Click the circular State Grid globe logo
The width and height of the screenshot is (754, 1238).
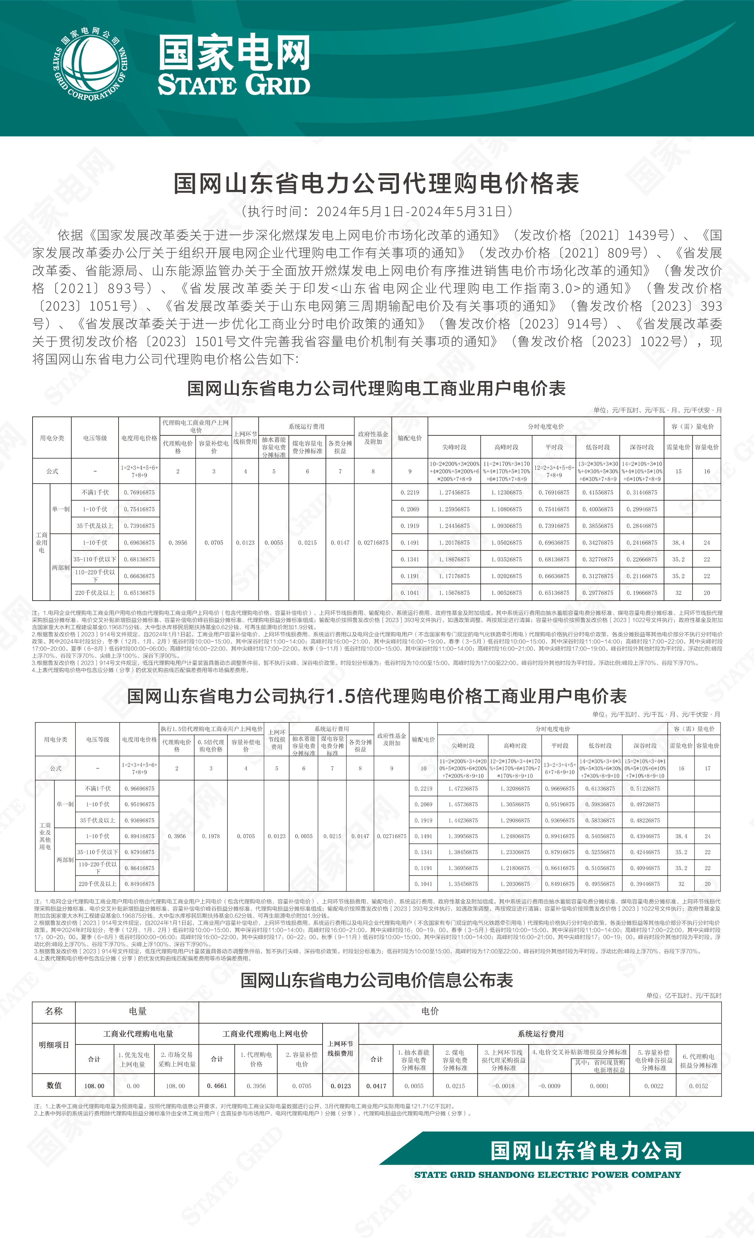[91, 64]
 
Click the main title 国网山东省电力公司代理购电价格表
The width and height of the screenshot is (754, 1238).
[376, 183]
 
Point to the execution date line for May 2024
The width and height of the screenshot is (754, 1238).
[376, 211]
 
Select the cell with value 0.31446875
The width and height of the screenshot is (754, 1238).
[642, 492]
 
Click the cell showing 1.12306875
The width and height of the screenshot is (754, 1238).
[506, 492]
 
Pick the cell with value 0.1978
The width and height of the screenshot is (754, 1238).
[211, 836]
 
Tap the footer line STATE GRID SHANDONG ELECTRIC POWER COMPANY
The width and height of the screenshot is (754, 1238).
[547, 1175]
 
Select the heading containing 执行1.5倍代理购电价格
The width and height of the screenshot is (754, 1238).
[376, 696]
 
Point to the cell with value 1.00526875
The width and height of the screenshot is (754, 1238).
[506, 593]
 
